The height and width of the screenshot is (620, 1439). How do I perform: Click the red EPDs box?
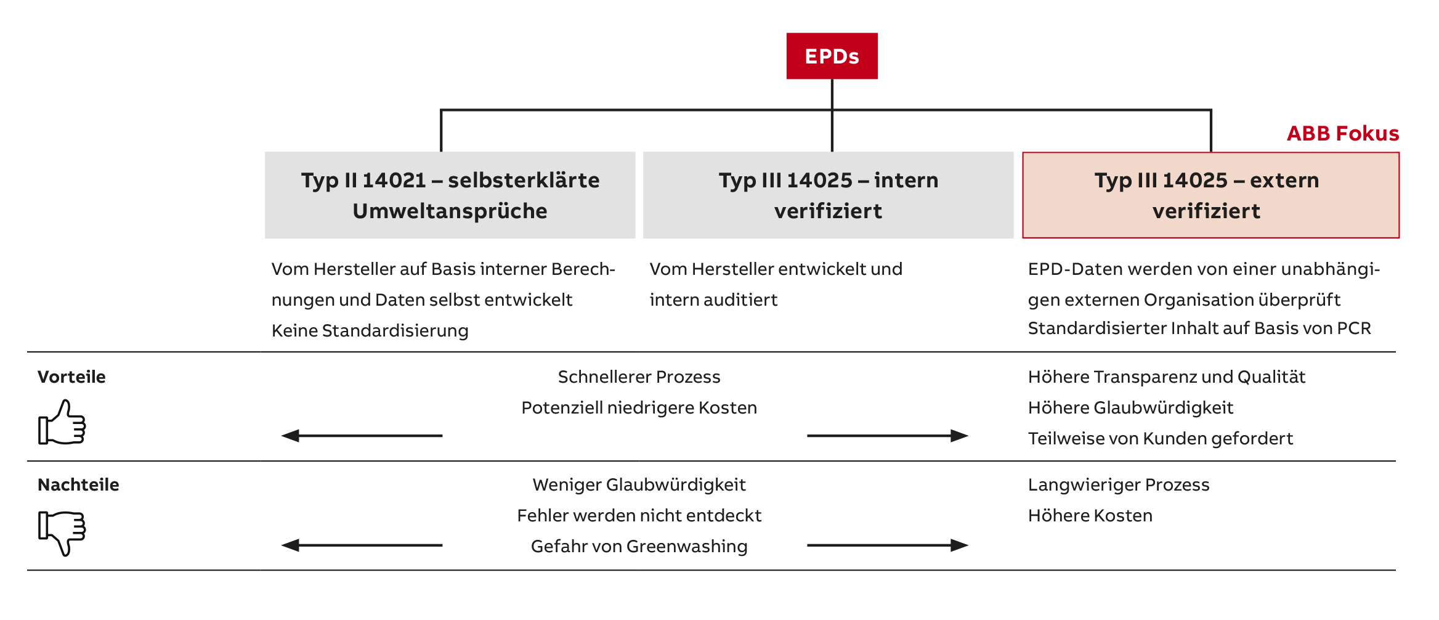point(832,56)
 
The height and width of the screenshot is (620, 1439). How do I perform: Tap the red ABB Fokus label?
point(1343,133)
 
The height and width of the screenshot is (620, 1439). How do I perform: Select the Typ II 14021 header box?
point(450,195)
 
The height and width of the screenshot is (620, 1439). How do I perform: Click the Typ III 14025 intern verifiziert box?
point(828,195)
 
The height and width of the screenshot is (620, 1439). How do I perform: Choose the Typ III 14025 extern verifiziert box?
point(1210,195)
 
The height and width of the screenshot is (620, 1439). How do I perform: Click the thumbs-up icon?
point(62,422)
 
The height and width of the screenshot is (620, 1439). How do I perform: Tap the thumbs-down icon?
point(62,533)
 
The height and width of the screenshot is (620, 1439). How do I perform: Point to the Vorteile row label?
point(71,377)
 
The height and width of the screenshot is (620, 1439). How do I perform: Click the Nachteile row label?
point(78,484)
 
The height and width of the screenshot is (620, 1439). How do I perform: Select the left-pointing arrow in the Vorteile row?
point(362,436)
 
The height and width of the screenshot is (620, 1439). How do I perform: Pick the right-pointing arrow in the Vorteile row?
point(888,436)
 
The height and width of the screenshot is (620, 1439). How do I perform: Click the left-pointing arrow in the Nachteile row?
point(362,545)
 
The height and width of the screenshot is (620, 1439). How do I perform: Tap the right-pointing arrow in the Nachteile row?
point(888,545)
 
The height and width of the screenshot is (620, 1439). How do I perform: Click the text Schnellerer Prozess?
point(639,377)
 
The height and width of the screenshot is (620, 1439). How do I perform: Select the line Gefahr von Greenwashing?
point(639,546)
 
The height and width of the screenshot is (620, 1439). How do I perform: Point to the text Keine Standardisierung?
point(370,331)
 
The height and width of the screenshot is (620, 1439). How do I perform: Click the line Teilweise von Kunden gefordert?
point(1160,438)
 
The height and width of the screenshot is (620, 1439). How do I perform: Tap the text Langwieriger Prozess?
point(1119,485)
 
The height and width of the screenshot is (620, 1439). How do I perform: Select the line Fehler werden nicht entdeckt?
point(639,515)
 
